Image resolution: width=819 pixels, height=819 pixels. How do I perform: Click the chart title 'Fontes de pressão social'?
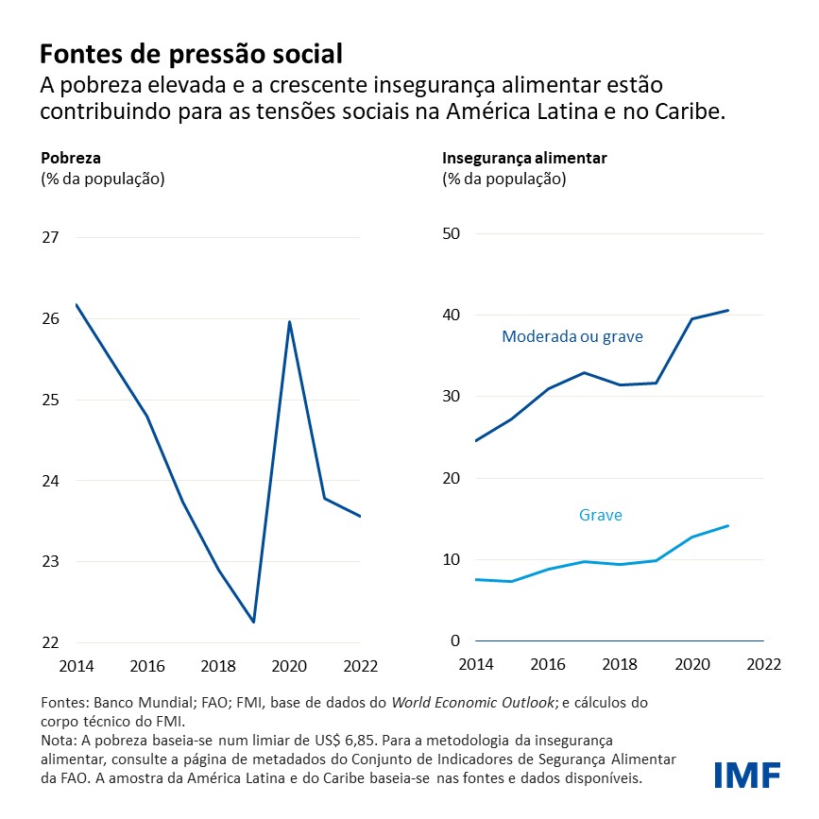point(190,51)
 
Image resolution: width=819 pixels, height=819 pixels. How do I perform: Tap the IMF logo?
point(747,775)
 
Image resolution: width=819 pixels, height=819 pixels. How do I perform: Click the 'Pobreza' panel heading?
point(70,158)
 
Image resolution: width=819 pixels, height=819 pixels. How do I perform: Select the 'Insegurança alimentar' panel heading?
point(524,158)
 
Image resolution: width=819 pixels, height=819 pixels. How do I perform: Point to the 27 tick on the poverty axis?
point(50,237)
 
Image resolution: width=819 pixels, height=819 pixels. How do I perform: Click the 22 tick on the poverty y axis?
point(50,643)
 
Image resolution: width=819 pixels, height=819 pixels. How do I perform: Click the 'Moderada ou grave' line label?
point(572,336)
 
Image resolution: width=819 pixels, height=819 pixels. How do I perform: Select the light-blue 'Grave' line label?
point(600,515)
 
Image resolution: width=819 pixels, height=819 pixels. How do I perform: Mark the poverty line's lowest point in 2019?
point(254,622)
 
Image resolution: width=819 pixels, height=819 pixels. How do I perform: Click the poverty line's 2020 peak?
point(289,322)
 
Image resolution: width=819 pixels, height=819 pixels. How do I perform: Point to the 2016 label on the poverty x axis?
point(146,665)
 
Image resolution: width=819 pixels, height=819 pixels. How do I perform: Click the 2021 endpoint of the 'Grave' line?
point(728,526)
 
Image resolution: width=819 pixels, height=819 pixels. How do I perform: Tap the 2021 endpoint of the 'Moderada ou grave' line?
point(728,310)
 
